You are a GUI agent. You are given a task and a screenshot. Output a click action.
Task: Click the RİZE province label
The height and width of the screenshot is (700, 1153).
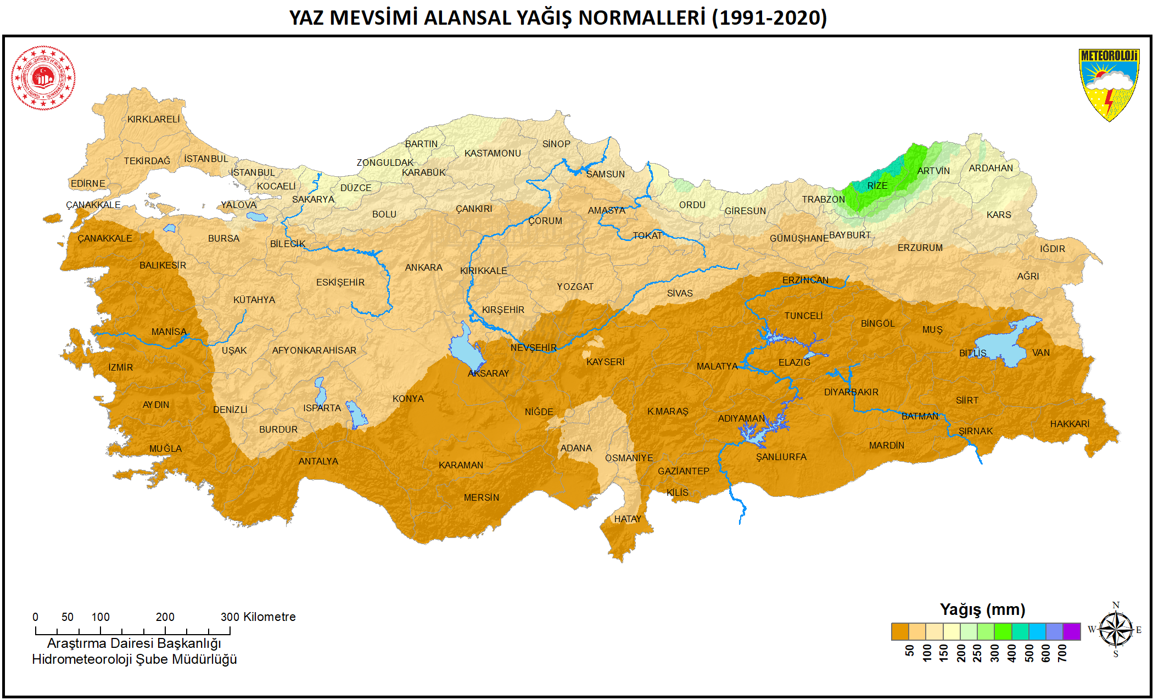click(877, 186)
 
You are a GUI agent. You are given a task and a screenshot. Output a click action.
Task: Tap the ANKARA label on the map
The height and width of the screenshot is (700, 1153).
click(423, 267)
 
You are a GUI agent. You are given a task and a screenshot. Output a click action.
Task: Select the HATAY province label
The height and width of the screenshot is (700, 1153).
click(628, 519)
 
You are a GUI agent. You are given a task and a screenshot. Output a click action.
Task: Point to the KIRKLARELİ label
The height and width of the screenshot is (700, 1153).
click(153, 119)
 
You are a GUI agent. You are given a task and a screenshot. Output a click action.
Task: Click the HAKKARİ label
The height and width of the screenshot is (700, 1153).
click(1070, 424)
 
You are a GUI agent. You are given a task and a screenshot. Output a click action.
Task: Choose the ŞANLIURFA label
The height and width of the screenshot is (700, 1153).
click(781, 457)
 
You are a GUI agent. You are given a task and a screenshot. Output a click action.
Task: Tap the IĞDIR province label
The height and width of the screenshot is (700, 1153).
click(1052, 249)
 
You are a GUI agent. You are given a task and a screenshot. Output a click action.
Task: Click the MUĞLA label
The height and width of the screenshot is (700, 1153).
click(165, 449)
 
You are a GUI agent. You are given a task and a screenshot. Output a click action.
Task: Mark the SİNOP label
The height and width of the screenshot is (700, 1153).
click(556, 144)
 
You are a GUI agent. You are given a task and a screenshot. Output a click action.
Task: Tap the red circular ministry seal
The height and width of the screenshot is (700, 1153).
click(43, 78)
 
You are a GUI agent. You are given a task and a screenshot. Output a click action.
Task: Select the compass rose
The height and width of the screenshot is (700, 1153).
click(1115, 629)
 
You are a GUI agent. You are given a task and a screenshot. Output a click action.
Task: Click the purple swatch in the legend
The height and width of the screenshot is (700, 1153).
click(1071, 631)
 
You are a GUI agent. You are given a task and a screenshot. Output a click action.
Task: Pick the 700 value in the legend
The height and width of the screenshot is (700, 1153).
click(1062, 653)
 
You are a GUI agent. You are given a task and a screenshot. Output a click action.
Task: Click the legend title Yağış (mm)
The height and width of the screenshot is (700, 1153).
click(982, 609)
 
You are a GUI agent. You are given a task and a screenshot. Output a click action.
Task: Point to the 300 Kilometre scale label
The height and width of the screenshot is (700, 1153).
click(258, 617)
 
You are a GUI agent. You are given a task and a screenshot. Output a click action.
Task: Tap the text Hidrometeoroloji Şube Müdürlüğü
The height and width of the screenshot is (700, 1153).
click(134, 659)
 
